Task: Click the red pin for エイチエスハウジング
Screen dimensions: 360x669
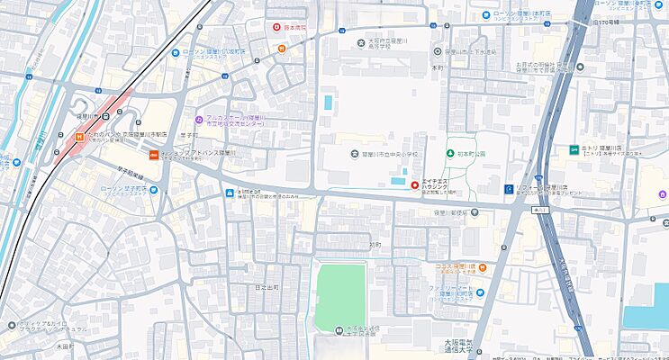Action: (415, 185)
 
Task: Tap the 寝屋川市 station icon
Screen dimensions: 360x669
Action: (107, 115)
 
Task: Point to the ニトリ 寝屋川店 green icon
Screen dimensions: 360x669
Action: (573, 149)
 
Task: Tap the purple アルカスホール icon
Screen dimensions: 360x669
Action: (200, 120)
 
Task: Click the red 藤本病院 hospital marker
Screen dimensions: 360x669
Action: (278, 28)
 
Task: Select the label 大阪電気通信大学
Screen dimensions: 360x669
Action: (466, 348)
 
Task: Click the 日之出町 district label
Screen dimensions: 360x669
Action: (267, 286)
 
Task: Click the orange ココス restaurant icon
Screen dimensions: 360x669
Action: (483, 267)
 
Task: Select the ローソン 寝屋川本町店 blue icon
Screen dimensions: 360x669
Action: (486, 14)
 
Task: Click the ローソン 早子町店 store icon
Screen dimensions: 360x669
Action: (153, 189)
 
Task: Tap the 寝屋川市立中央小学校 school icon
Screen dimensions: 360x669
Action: (354, 153)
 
